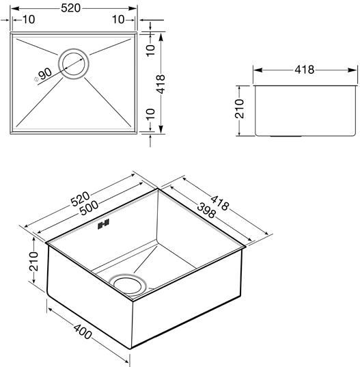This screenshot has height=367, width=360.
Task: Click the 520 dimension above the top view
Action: (x=70, y=8)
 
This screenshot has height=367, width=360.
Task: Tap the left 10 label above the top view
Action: (x=29, y=20)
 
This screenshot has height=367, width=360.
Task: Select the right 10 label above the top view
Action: (x=118, y=20)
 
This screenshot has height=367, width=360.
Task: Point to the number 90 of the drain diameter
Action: (x=45, y=73)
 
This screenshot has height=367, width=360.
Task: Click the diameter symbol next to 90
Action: (x=36, y=79)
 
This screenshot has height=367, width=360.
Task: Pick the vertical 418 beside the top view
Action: (x=161, y=84)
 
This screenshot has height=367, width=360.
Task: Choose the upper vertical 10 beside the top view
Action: (x=151, y=51)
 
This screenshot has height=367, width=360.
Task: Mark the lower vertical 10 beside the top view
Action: (x=151, y=113)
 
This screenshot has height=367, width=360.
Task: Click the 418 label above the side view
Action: (x=305, y=70)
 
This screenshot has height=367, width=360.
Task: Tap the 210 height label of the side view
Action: (x=240, y=109)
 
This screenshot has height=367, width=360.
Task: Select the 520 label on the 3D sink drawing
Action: (x=80, y=199)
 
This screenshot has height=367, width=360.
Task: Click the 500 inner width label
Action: (x=89, y=208)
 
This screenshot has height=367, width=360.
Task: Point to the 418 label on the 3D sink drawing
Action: (x=219, y=203)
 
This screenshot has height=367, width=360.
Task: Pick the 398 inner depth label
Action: (x=206, y=210)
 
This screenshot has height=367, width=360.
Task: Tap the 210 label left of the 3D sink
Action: (x=33, y=262)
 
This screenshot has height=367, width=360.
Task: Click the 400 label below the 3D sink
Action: (x=83, y=331)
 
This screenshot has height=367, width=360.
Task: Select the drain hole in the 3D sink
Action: (x=128, y=285)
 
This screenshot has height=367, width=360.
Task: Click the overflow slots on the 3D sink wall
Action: (x=103, y=224)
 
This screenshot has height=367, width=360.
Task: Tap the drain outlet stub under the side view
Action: (x=286, y=136)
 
